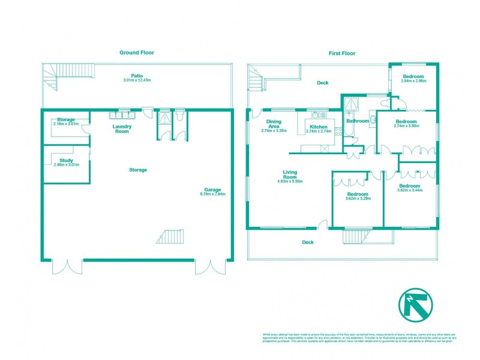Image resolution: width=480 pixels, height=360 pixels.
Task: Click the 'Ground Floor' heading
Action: tap(137, 53)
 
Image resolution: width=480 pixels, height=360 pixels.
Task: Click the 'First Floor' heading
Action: tap(341, 53)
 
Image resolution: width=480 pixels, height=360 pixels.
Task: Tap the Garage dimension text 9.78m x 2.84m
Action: tap(212, 194)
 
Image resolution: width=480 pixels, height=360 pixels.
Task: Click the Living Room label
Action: tap(290, 175)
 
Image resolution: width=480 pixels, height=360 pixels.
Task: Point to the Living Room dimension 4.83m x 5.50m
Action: tap(290, 181)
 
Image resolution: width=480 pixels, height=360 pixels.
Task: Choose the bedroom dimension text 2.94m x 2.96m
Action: tap(413, 81)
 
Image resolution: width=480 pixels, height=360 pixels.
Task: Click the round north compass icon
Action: tap(413, 306)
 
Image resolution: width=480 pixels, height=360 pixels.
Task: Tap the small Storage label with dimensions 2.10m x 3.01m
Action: tap(66, 124)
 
